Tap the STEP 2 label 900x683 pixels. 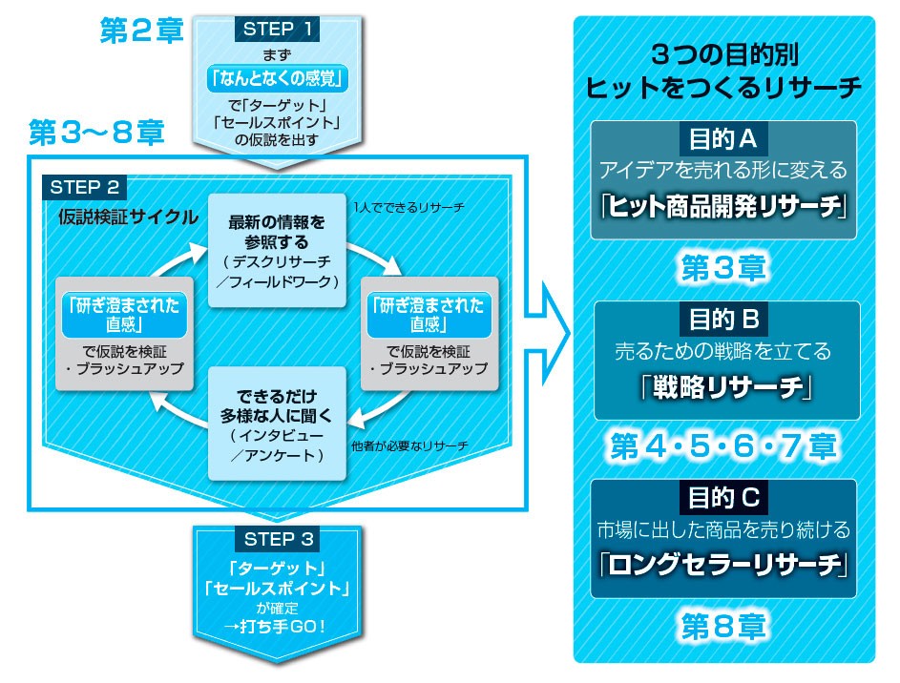[85, 185]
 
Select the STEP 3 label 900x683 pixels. [278, 539]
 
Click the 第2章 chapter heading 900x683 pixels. [140, 31]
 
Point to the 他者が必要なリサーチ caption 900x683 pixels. [409, 445]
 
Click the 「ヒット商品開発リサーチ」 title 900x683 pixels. [722, 207]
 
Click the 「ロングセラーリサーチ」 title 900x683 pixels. [723, 565]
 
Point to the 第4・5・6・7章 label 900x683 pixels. [722, 445]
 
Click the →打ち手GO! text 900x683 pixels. [278, 627]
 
